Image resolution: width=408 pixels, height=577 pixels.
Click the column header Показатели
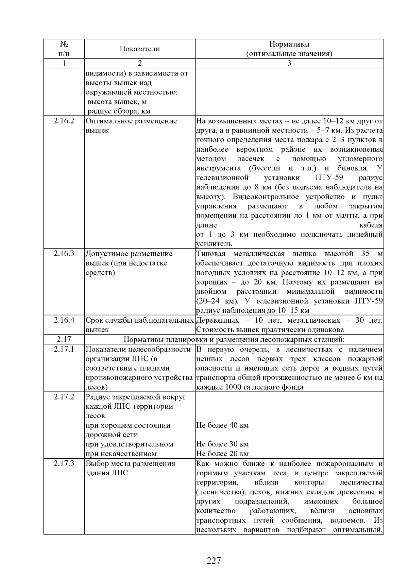click(x=139, y=49)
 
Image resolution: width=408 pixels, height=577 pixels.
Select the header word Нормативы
click(x=289, y=44)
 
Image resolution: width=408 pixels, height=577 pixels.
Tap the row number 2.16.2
click(x=64, y=121)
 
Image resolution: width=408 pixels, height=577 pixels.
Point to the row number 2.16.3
click(x=64, y=254)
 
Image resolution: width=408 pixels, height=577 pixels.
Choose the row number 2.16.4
click(x=64, y=320)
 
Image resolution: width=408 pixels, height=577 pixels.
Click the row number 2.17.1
click(x=64, y=349)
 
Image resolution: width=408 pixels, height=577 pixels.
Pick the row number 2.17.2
click(x=64, y=397)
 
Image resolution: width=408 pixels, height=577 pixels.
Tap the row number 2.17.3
click(x=64, y=463)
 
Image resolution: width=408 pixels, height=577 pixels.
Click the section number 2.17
click(x=64, y=339)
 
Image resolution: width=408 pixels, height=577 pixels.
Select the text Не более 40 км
click(x=222, y=425)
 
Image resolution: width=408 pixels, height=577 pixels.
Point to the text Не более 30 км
click(x=222, y=444)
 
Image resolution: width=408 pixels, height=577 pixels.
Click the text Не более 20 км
click(x=222, y=454)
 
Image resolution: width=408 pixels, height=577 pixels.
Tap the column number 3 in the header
click(x=289, y=63)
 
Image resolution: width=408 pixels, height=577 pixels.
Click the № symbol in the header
click(x=64, y=44)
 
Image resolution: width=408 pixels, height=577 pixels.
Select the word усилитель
click(x=214, y=244)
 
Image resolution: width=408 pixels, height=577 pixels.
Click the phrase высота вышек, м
click(x=117, y=102)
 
